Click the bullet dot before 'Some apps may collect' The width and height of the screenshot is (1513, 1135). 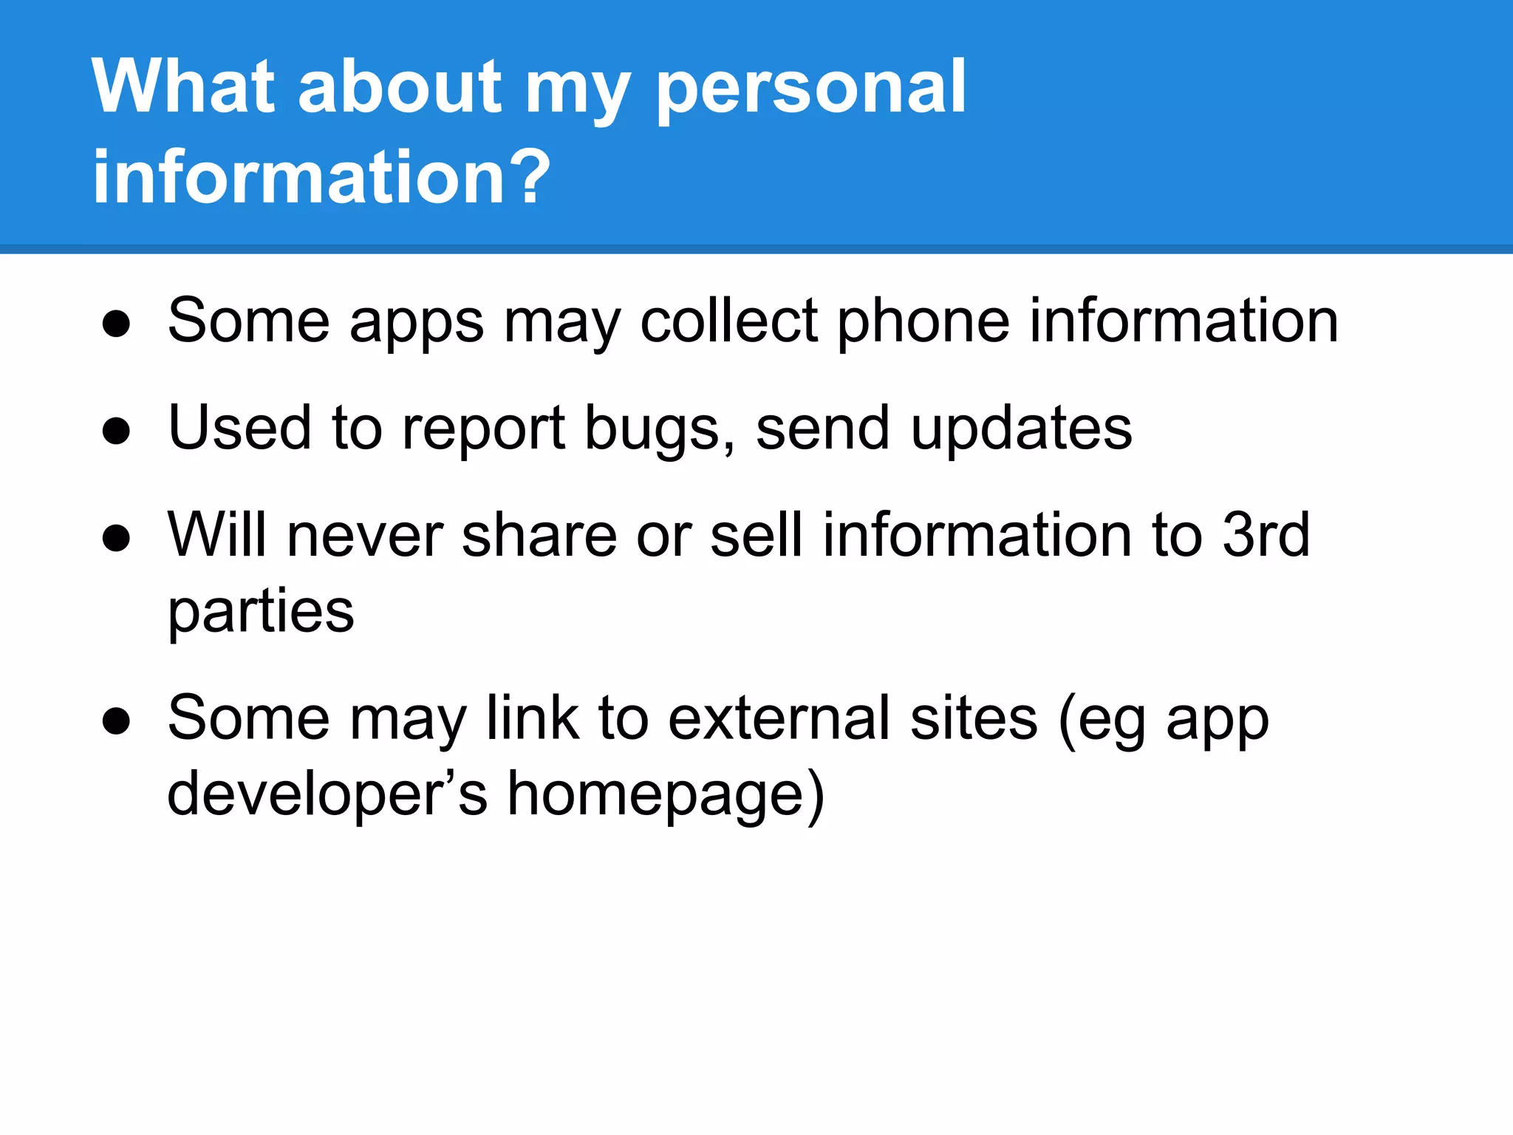(x=117, y=324)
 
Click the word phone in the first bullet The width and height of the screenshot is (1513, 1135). (x=923, y=324)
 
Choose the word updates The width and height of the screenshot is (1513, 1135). (x=1021, y=429)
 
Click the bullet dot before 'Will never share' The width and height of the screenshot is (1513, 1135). (x=117, y=538)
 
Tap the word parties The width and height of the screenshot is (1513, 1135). (x=261, y=613)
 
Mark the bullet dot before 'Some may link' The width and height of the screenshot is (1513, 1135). (x=117, y=720)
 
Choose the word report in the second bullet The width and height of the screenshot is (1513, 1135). (x=484, y=430)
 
